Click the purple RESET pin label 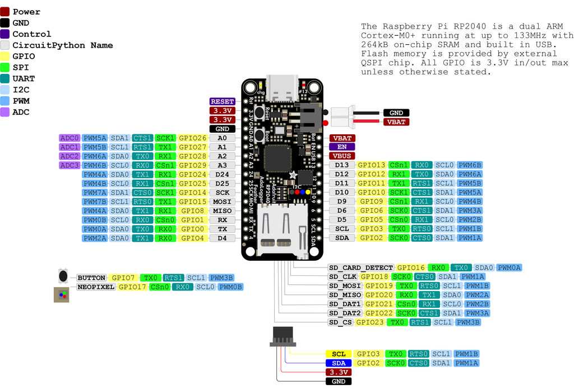(223, 101)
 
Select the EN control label (342, 147)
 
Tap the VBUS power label (342, 156)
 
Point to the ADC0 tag (70, 138)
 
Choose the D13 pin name (342, 165)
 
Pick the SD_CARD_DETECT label (361, 268)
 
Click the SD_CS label (341, 322)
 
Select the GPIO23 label (370, 322)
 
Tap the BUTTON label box (91, 278)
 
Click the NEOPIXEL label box (96, 287)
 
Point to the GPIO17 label (133, 287)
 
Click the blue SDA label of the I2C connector (339, 363)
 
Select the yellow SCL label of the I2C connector (339, 354)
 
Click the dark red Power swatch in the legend (5, 11)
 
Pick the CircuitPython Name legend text (62, 45)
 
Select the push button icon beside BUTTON (63, 276)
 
